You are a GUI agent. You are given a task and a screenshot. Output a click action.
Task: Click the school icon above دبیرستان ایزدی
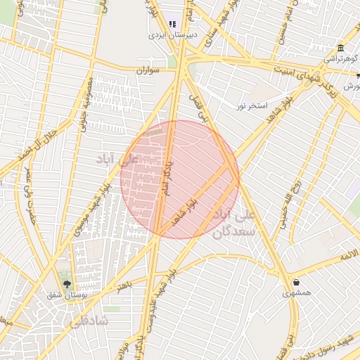[x=172, y=23]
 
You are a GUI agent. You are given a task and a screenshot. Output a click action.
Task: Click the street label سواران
[x=146, y=70]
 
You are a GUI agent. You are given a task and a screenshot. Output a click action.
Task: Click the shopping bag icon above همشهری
[x=296, y=282]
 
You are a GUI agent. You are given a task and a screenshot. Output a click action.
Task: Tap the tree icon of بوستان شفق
[x=67, y=284]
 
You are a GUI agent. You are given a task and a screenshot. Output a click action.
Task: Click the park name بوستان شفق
[x=67, y=296]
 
